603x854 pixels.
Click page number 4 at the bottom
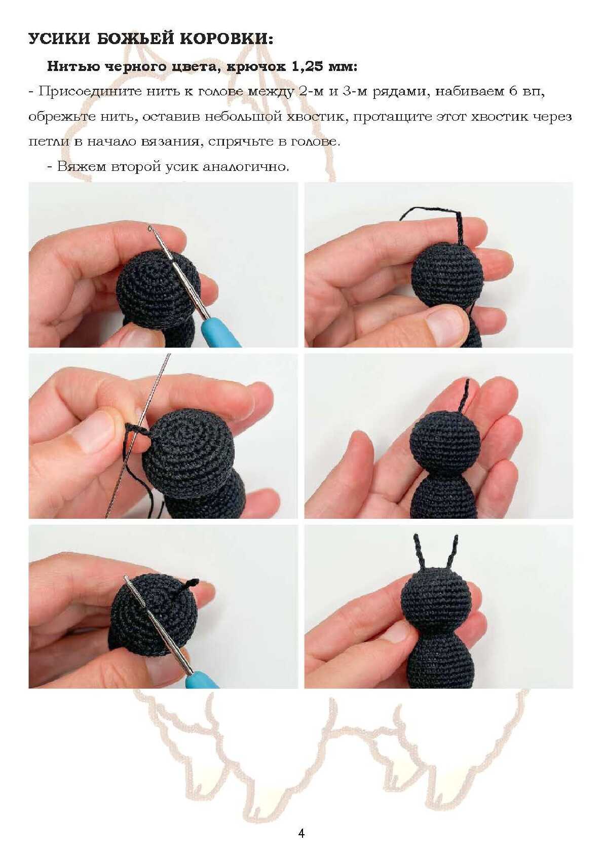(x=301, y=833)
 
